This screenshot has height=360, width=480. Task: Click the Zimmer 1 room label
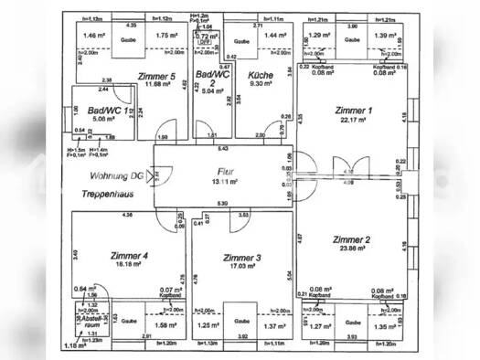356,111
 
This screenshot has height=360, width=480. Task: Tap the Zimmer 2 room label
353,239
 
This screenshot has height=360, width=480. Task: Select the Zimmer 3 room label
242,259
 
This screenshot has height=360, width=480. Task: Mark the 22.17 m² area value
355,121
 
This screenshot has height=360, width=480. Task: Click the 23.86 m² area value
353,249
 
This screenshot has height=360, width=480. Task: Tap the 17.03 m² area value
241,269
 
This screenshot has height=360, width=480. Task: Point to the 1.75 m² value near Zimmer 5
166,36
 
